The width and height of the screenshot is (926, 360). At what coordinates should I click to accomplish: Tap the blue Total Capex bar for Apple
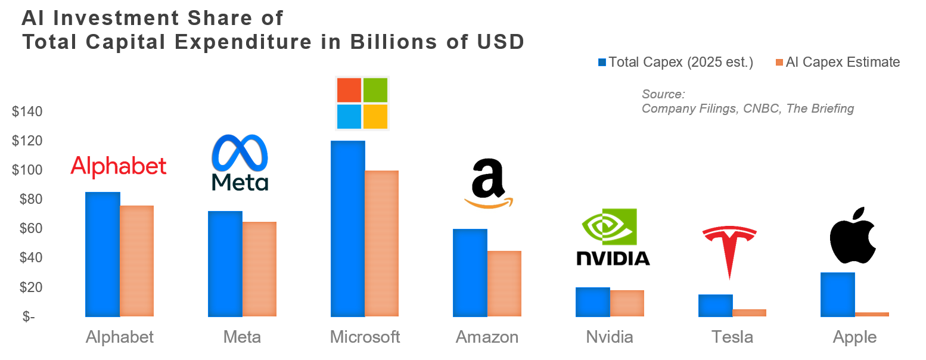pyautogui.click(x=837, y=294)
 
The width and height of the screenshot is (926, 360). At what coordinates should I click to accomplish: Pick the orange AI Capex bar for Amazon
pyautogui.click(x=504, y=284)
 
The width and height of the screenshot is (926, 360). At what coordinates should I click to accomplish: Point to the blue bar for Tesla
pyautogui.click(x=715, y=305)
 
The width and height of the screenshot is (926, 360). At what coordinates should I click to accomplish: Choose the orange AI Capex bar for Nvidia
pyautogui.click(x=627, y=303)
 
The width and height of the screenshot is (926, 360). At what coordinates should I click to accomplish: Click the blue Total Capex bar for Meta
pyautogui.click(x=225, y=263)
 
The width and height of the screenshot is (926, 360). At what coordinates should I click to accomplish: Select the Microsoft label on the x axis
pyautogui.click(x=365, y=337)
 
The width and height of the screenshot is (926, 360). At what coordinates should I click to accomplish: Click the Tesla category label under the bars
pyautogui.click(x=732, y=337)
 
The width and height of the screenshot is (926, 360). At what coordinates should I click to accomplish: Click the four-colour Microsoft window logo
pyautogui.click(x=362, y=103)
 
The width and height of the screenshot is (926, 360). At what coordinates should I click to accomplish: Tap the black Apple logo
pyautogui.click(x=853, y=237)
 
